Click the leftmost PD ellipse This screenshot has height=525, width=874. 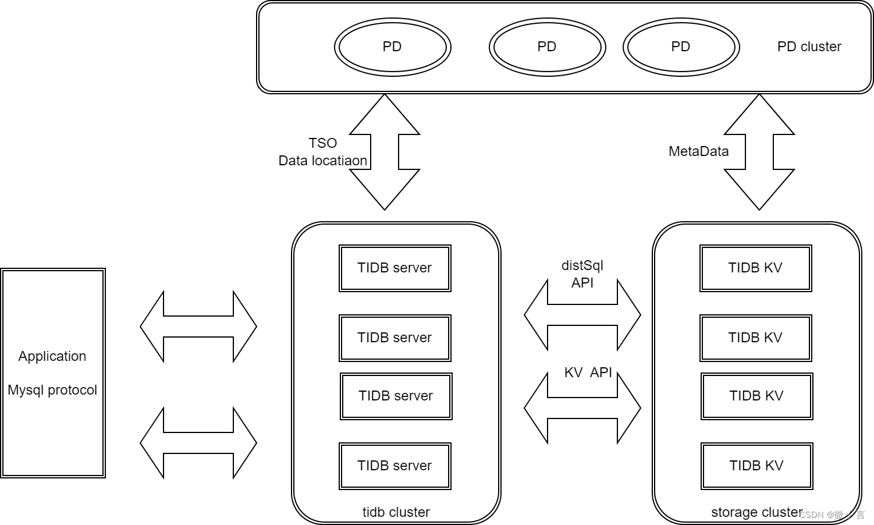point(392,47)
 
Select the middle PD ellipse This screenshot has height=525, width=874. point(547,47)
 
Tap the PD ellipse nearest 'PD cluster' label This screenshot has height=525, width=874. point(681,47)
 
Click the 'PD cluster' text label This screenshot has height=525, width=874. point(809,47)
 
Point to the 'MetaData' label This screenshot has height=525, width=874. point(698,151)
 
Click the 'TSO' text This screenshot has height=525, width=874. point(323,143)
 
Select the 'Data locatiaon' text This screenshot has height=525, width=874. point(323,161)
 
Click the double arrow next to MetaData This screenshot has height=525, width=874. point(759,152)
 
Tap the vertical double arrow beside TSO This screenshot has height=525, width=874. point(385,152)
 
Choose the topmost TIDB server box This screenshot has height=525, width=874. point(395,268)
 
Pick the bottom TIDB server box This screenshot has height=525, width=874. point(395,466)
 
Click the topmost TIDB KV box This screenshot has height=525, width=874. point(755,268)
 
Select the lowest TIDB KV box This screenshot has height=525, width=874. point(756,466)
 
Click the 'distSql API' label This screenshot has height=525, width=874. point(582,274)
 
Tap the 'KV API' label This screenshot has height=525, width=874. point(588,373)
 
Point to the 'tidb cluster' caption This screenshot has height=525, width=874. point(396,512)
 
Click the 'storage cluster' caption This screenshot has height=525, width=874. point(756,512)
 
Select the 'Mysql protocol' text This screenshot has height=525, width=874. point(52,390)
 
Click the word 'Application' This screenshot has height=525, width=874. point(52,356)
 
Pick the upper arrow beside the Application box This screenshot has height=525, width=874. point(198,327)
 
